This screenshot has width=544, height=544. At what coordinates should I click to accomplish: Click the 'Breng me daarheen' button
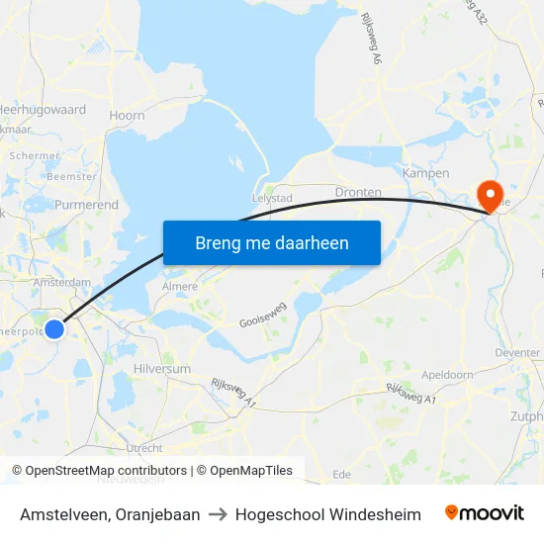(271, 242)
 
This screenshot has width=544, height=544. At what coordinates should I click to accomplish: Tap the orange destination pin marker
(489, 194)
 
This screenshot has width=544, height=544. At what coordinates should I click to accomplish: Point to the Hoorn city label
(127, 116)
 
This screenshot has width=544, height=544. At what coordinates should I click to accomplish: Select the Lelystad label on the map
(274, 198)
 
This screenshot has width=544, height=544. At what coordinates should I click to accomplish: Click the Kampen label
(426, 173)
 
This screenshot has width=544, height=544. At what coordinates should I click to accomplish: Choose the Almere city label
(179, 287)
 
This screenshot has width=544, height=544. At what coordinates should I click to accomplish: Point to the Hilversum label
(161, 368)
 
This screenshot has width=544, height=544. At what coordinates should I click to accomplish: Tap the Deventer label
(516, 351)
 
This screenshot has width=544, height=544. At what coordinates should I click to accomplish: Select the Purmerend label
(87, 206)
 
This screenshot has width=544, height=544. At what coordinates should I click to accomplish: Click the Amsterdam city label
(61, 282)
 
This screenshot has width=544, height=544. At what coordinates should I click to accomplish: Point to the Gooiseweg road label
(262, 317)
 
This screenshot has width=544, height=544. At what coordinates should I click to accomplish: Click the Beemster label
(71, 176)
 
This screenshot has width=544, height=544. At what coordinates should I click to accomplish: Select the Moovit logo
(485, 513)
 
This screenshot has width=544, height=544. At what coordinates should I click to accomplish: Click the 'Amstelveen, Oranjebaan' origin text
(110, 514)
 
